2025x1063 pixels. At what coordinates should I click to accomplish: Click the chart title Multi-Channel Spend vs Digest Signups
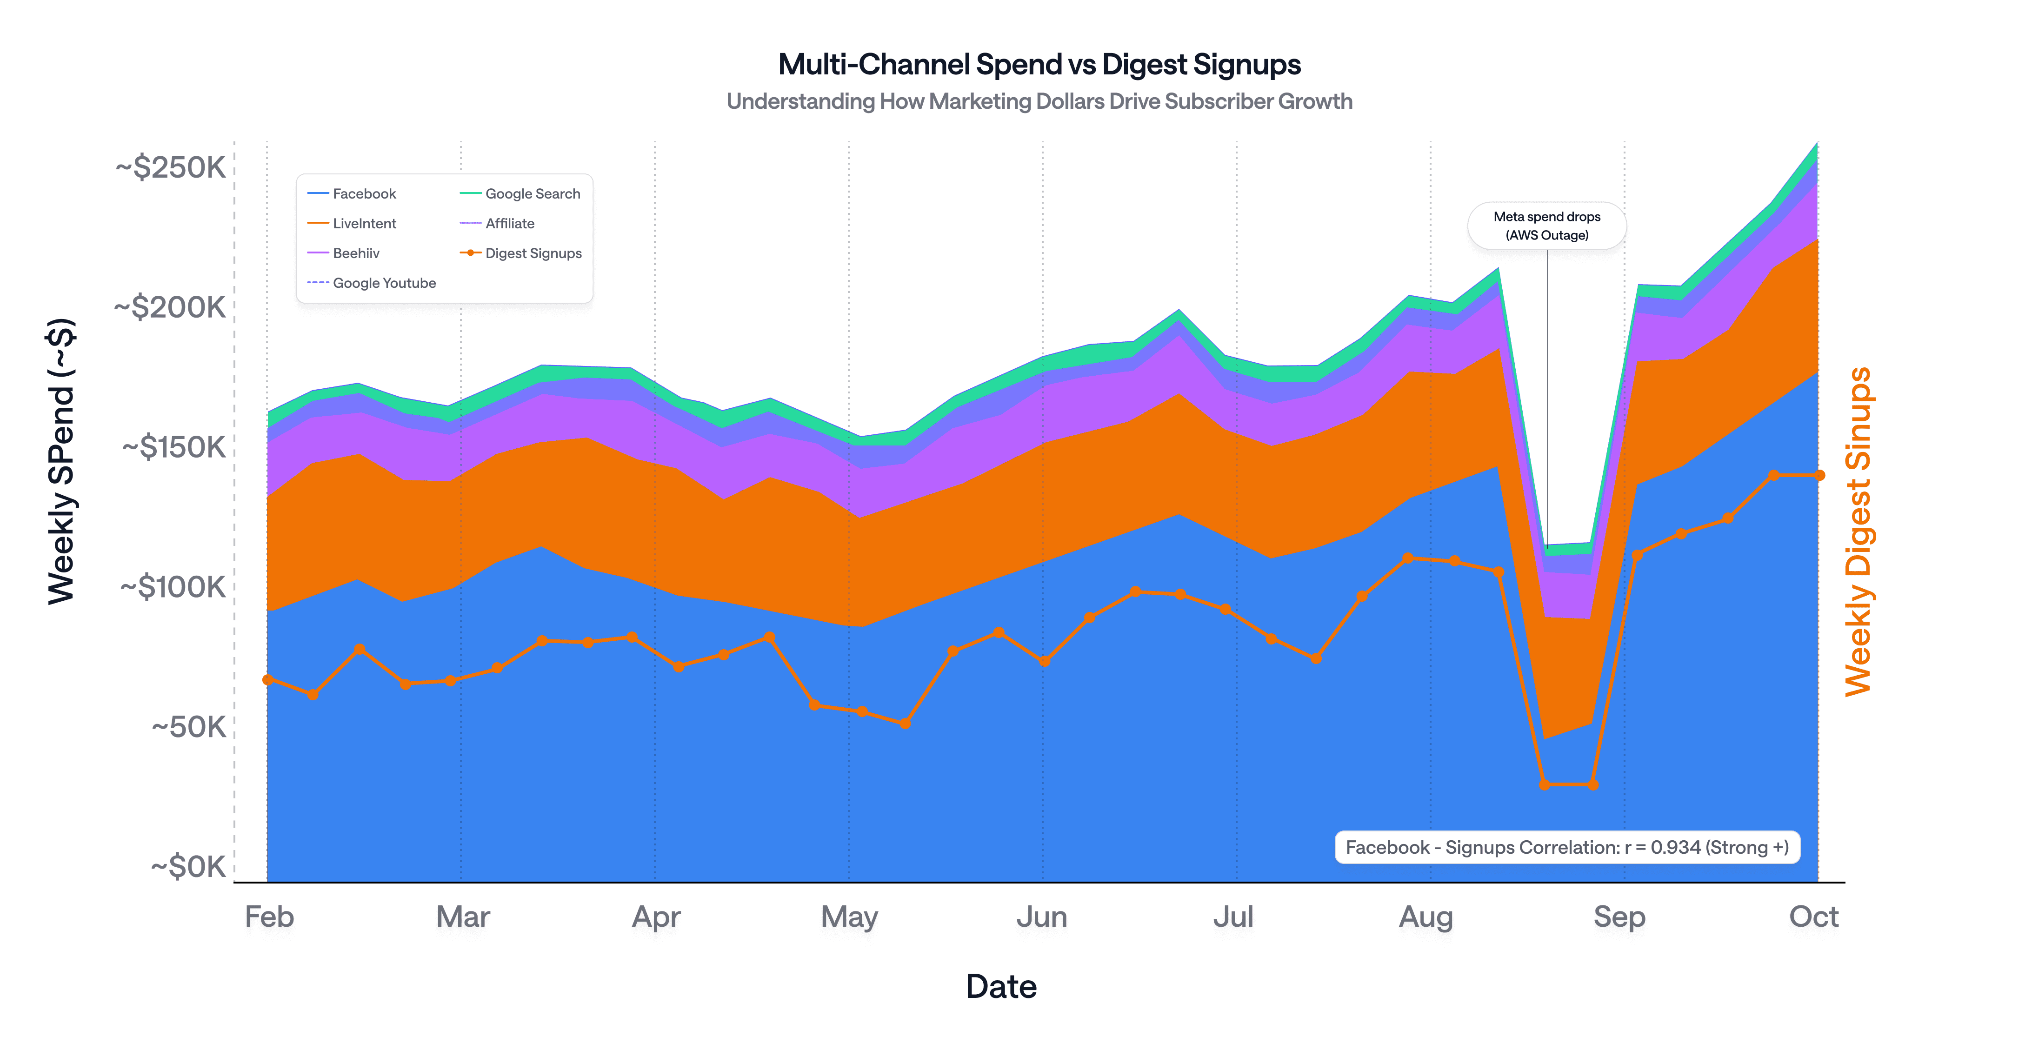pyautogui.click(x=1039, y=65)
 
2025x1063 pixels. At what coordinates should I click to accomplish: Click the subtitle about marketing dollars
pyautogui.click(x=1039, y=101)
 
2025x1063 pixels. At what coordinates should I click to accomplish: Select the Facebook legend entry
pyautogui.click(x=363, y=193)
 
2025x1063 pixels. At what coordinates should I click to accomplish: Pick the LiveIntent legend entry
pyautogui.click(x=363, y=223)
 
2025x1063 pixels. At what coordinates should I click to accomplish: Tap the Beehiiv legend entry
pyautogui.click(x=355, y=253)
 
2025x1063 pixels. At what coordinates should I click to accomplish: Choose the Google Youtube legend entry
pyautogui.click(x=384, y=283)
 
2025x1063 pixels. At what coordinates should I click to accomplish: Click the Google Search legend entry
pyautogui.click(x=532, y=193)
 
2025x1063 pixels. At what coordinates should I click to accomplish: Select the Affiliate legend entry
pyautogui.click(x=509, y=223)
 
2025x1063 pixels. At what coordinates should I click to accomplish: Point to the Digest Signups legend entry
pyautogui.click(x=533, y=253)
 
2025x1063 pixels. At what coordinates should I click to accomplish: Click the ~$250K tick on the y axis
pyautogui.click(x=171, y=167)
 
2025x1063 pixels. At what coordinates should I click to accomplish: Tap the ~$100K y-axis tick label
pyautogui.click(x=173, y=587)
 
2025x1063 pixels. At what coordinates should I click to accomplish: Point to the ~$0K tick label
pyautogui.click(x=189, y=866)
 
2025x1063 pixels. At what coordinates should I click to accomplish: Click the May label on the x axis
pyautogui.click(x=849, y=917)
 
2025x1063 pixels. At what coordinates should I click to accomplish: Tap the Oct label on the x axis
pyautogui.click(x=1813, y=917)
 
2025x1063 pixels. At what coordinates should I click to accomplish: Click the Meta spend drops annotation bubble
pyautogui.click(x=1546, y=226)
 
